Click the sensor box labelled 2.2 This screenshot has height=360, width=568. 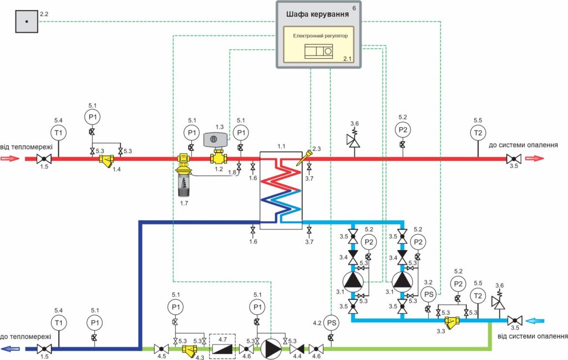point(26,22)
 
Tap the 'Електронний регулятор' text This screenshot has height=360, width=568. point(319,36)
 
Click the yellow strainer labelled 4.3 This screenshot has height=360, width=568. point(189,351)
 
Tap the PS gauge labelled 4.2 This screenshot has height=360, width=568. point(331,322)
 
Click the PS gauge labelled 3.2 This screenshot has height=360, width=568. point(428,294)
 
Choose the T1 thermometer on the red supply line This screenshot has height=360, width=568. point(58,133)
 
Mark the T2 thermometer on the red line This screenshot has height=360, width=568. point(478,133)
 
